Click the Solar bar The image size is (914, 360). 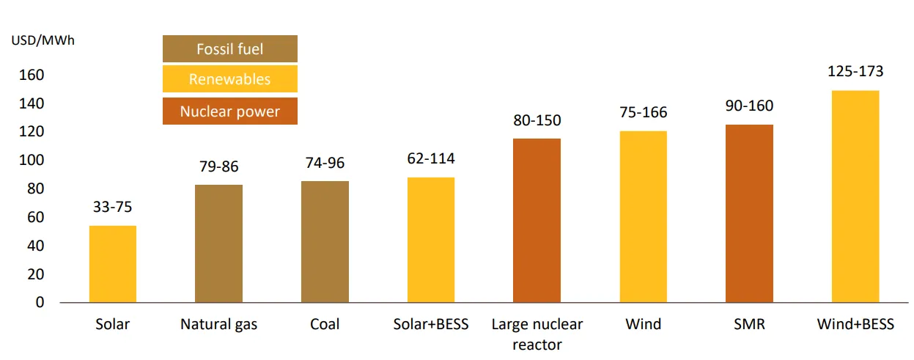click(113, 264)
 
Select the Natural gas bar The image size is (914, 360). click(218, 243)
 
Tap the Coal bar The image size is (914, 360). click(325, 242)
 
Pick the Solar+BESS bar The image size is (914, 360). click(431, 240)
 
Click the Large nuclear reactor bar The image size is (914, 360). click(537, 220)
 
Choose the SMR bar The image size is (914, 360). click(749, 213)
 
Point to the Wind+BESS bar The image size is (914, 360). click(855, 196)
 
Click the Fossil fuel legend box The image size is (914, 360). click(229, 49)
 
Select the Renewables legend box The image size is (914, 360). click(229, 79)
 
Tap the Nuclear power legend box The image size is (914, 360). click(229, 111)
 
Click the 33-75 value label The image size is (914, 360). click(113, 207)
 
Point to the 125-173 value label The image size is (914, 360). click(855, 72)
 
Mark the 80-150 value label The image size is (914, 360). click(537, 120)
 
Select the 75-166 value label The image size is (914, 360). click(643, 113)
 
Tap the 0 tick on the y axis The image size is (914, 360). click(40, 302)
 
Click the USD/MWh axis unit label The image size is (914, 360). click(43, 40)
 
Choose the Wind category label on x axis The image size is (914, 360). click(643, 324)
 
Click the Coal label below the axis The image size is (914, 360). click(325, 324)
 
